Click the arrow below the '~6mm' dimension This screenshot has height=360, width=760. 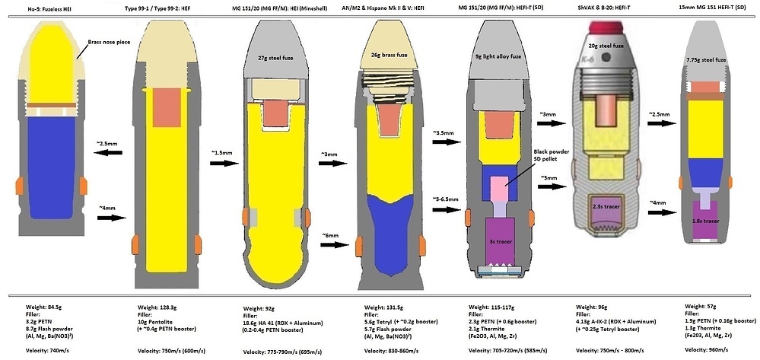click(337, 246)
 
